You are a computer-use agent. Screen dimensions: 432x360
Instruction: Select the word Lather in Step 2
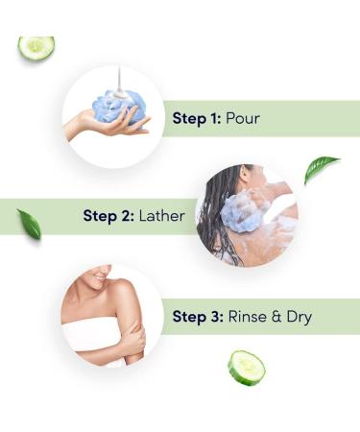click(x=160, y=217)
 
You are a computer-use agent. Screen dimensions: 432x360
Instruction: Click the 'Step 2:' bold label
click(x=108, y=217)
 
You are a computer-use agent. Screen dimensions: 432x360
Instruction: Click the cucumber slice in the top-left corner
click(x=36, y=46)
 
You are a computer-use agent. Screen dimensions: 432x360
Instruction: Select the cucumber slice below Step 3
click(x=246, y=368)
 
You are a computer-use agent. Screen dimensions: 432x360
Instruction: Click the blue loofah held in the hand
click(x=124, y=108)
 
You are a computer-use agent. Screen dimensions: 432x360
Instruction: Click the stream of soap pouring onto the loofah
click(x=116, y=79)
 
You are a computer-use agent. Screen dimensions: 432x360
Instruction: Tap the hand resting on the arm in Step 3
click(x=134, y=336)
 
